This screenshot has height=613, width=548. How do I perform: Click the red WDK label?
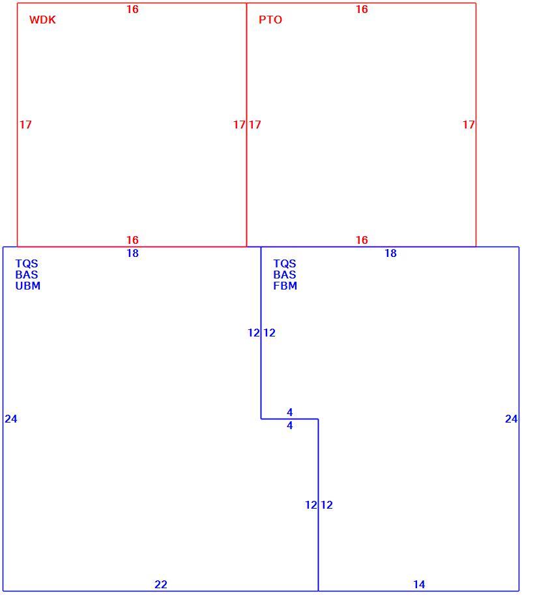click(42, 20)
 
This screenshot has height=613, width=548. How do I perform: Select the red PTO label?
click(270, 20)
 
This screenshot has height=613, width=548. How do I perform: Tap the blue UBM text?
click(28, 286)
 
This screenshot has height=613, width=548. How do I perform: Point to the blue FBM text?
click(285, 286)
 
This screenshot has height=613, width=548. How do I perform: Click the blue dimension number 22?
click(161, 584)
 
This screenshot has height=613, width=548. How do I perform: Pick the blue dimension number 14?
click(419, 584)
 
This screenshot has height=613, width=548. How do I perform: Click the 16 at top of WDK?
click(132, 9)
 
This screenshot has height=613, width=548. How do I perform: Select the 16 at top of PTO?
click(362, 9)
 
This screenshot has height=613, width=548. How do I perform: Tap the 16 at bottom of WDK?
click(132, 240)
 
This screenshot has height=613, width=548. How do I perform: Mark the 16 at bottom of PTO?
click(362, 240)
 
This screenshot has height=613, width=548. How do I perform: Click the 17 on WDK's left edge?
click(26, 125)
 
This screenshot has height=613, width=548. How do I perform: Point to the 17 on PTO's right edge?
click(469, 125)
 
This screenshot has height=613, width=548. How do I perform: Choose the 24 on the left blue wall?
click(11, 419)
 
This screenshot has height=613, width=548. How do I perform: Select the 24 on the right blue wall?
click(512, 419)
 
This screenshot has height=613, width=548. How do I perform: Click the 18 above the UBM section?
click(133, 253)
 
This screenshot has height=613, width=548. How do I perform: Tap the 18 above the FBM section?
click(390, 253)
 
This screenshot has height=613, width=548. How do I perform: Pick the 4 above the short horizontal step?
click(290, 412)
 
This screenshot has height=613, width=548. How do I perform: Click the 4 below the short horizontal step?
click(290, 425)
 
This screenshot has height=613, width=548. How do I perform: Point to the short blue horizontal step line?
click(290, 419)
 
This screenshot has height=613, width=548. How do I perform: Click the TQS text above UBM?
click(27, 263)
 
